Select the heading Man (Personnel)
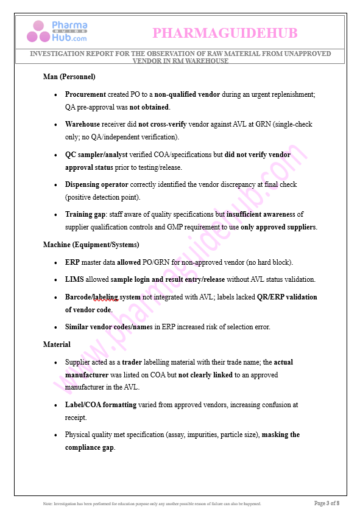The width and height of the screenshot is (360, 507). point(69,77)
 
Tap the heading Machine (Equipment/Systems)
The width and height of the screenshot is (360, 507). point(91,245)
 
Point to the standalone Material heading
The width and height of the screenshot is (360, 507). point(57,344)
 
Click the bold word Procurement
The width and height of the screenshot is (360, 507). point(85,94)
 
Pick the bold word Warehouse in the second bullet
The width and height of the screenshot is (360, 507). point(83,124)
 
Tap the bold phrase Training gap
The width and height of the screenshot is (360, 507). point(85,214)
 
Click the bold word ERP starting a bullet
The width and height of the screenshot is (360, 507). point(72,262)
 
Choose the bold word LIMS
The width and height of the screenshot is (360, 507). point(74,279)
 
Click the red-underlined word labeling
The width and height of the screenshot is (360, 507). point(105,297)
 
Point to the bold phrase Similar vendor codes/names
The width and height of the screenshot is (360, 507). point(108,327)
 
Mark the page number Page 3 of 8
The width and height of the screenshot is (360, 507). point(326,503)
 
